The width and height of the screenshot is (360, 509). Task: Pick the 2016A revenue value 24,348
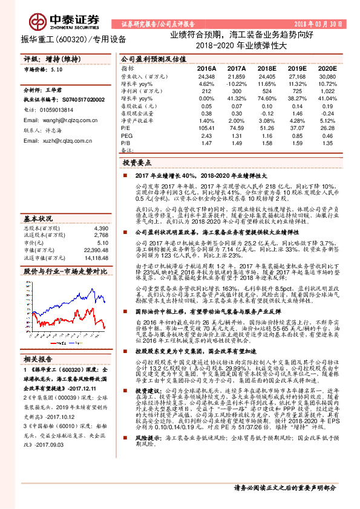point(206,77)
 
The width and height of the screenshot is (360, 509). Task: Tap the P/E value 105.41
point(206,128)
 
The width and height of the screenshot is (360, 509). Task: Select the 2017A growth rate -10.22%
point(237,83)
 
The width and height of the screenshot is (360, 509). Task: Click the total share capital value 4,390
point(101,212)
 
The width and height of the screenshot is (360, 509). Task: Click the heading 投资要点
point(137,163)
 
